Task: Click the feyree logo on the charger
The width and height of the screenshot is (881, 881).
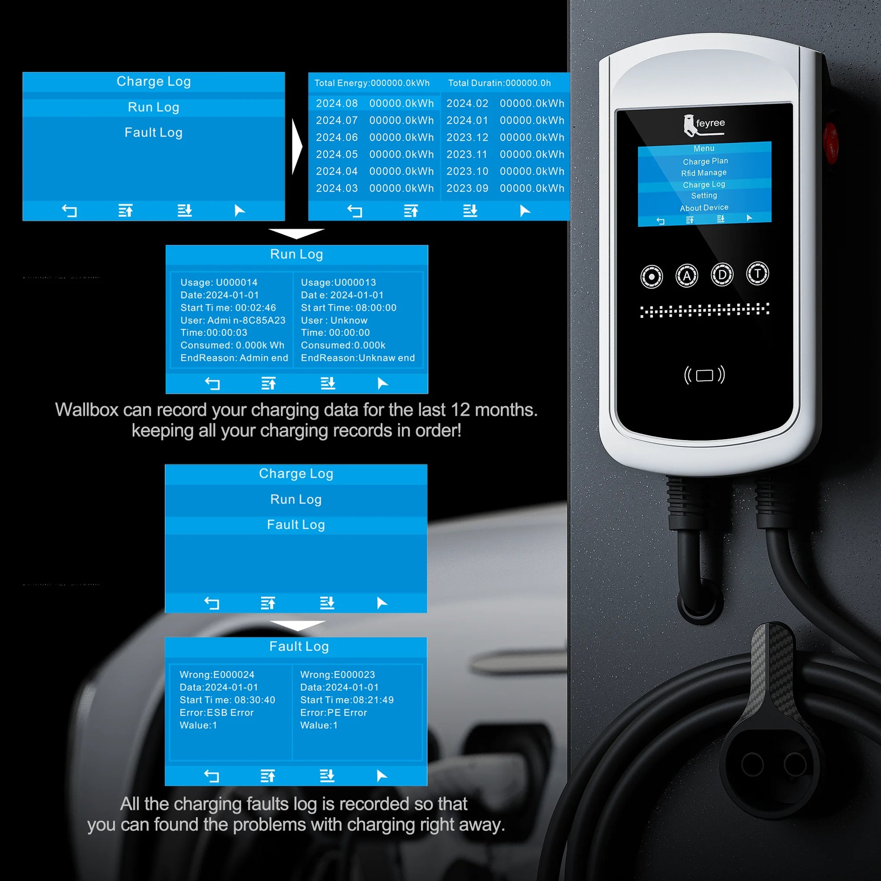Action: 704,125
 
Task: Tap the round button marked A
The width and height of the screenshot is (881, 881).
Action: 687,275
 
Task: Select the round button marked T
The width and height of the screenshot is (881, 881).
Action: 757,273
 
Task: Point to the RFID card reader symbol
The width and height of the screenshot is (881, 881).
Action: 704,375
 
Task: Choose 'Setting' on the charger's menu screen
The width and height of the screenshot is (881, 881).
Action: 704,196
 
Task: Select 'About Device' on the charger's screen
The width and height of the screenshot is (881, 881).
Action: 704,208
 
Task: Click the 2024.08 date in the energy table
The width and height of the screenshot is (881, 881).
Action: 337,104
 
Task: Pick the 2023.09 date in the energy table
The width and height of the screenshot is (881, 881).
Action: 467,188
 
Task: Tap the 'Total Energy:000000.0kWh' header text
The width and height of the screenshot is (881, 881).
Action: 372,83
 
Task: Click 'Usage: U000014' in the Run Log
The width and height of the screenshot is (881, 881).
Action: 219,282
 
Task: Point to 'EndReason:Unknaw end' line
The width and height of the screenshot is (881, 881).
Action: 358,358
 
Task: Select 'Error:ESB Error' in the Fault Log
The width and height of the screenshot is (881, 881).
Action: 216,713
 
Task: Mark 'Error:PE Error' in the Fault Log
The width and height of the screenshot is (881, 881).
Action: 333,713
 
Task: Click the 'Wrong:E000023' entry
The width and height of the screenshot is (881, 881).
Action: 337,675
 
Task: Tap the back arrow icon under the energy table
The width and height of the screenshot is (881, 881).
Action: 354,211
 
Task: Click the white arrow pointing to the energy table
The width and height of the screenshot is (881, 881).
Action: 297,146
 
